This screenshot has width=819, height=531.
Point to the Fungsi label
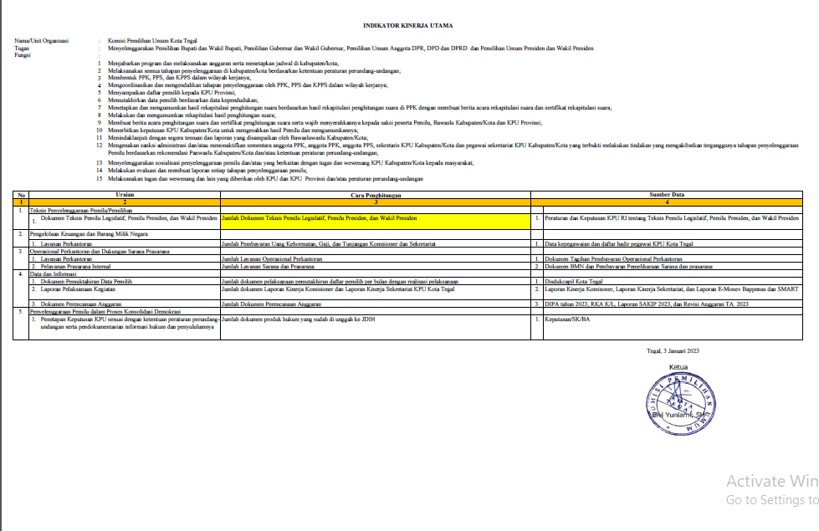click(23, 55)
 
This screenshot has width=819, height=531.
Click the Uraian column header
click(125, 194)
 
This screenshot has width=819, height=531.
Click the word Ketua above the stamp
click(679, 368)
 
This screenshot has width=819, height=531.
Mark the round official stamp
click(679, 406)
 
